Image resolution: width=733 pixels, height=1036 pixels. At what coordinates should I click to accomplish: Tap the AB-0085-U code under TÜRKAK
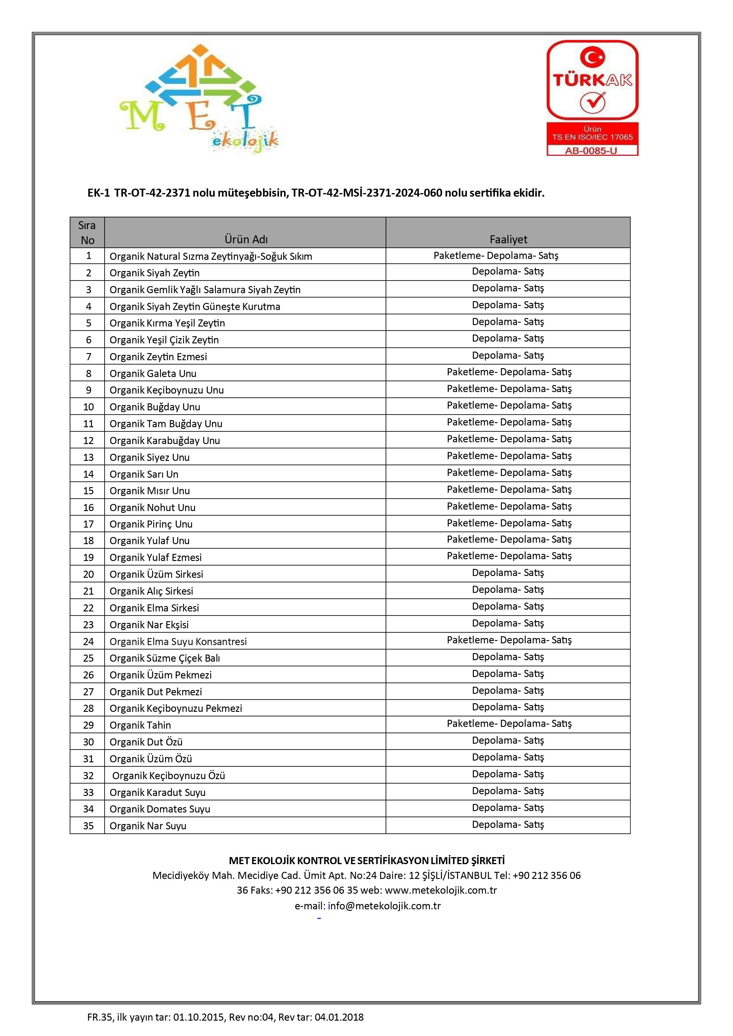592,151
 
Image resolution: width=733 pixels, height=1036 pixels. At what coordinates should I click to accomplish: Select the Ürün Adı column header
246,239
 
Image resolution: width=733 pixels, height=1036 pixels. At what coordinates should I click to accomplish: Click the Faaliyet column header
508,239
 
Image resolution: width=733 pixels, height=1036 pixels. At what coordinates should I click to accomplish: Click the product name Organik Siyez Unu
149,457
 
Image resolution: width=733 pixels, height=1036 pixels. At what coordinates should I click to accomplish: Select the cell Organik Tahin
140,725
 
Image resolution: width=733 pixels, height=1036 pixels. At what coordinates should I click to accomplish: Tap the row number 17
89,524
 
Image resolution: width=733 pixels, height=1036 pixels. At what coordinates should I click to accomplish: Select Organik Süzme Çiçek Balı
165,658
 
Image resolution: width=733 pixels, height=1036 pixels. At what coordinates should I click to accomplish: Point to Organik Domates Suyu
160,809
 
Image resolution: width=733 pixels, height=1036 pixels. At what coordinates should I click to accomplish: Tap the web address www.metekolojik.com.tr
441,890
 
